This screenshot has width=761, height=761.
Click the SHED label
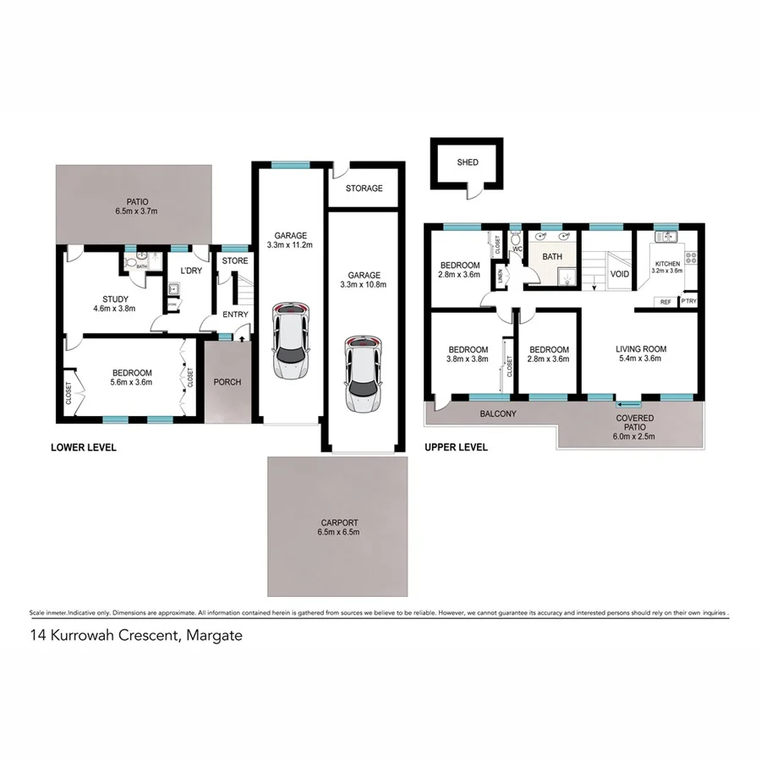pyautogui.click(x=467, y=162)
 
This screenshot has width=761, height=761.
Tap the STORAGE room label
pyautogui.click(x=364, y=189)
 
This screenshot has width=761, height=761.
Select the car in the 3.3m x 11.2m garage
pyautogui.click(x=291, y=341)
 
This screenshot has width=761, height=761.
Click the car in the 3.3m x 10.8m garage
pyautogui.click(x=364, y=374)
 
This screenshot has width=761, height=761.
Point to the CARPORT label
pyautogui.click(x=339, y=523)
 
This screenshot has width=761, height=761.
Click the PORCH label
pyautogui.click(x=227, y=382)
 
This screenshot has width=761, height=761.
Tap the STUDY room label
pyautogui.click(x=115, y=298)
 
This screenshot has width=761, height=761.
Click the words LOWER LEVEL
pyautogui.click(x=84, y=447)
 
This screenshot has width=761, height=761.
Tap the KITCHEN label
pyautogui.click(x=668, y=264)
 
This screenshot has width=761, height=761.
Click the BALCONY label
pyautogui.click(x=499, y=414)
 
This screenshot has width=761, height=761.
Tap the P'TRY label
pyautogui.click(x=688, y=302)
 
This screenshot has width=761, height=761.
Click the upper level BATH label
pyautogui.click(x=552, y=256)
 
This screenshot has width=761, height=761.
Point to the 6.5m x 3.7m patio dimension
pyautogui.click(x=138, y=211)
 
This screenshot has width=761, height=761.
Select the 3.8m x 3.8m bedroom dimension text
pyautogui.click(x=467, y=359)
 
